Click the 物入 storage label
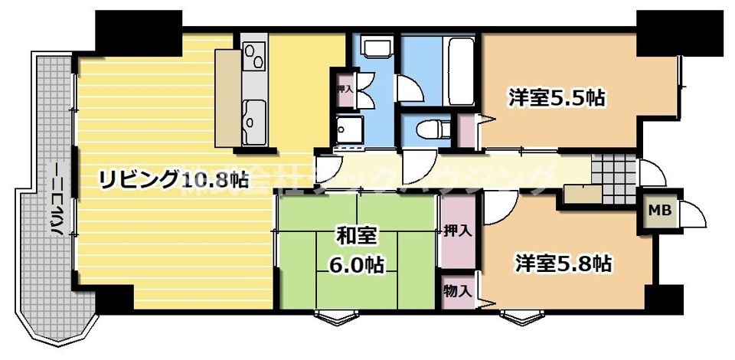[x=457, y=291]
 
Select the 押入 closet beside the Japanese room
[x=457, y=230]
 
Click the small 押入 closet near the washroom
[x=344, y=88]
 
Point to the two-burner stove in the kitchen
[x=253, y=56]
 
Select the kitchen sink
[x=253, y=116]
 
